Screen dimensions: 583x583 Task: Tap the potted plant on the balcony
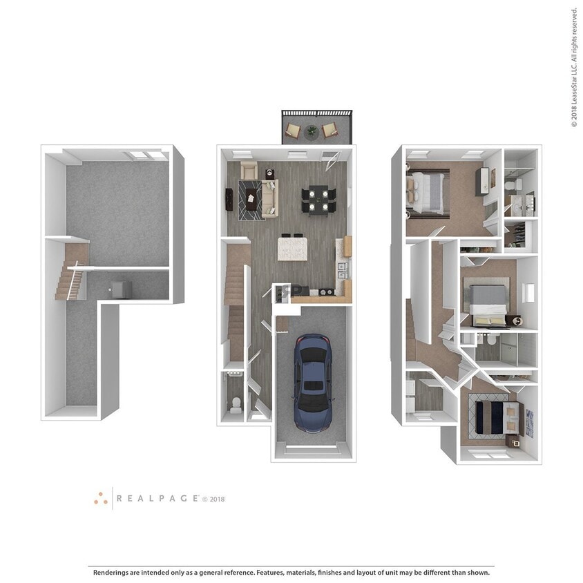(x=312, y=129)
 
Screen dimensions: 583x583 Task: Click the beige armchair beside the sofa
(x=249, y=170)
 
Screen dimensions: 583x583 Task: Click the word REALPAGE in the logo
(x=157, y=498)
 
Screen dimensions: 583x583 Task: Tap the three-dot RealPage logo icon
(x=102, y=498)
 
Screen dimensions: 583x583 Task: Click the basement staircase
(x=69, y=280)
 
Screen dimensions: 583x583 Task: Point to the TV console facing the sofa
(x=229, y=199)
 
